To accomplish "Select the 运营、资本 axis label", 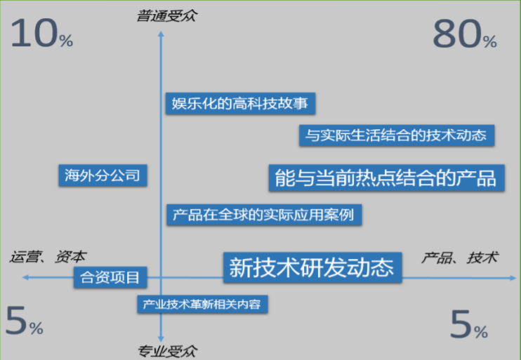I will point(48,257).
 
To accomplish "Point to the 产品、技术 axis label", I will point(459,258).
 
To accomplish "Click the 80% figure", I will point(464,35).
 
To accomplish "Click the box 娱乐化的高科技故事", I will point(239,103).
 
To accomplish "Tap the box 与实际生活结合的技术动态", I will point(397,135).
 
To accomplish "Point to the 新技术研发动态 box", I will point(312,267).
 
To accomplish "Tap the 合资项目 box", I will point(111,277).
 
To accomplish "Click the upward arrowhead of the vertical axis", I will point(162,29).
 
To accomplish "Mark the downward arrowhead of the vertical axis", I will point(162,337).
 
